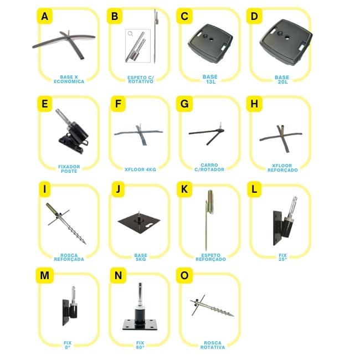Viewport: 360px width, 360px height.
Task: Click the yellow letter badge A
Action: (x=45, y=16)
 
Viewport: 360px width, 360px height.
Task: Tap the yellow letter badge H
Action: (x=254, y=104)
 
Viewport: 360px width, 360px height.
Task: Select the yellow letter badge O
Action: (x=184, y=275)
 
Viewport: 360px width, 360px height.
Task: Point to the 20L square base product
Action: (x=286, y=43)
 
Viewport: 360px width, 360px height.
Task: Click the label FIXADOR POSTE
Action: (x=69, y=169)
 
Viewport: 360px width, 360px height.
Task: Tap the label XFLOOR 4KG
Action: (x=140, y=169)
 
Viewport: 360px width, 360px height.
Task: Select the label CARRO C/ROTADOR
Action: (x=209, y=167)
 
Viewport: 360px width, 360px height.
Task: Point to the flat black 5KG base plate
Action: (x=139, y=222)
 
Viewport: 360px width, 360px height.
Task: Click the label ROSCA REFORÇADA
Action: (x=69, y=258)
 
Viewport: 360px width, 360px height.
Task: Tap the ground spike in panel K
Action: (x=209, y=218)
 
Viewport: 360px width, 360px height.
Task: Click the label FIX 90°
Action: (x=140, y=345)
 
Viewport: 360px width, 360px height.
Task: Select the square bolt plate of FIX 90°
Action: (x=140, y=325)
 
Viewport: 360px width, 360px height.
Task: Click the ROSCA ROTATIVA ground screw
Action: (x=211, y=306)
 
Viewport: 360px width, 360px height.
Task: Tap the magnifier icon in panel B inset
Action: (x=130, y=34)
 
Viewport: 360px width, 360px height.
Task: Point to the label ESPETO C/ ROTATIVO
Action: (x=141, y=79)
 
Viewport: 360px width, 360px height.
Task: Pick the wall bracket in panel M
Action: (x=70, y=306)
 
